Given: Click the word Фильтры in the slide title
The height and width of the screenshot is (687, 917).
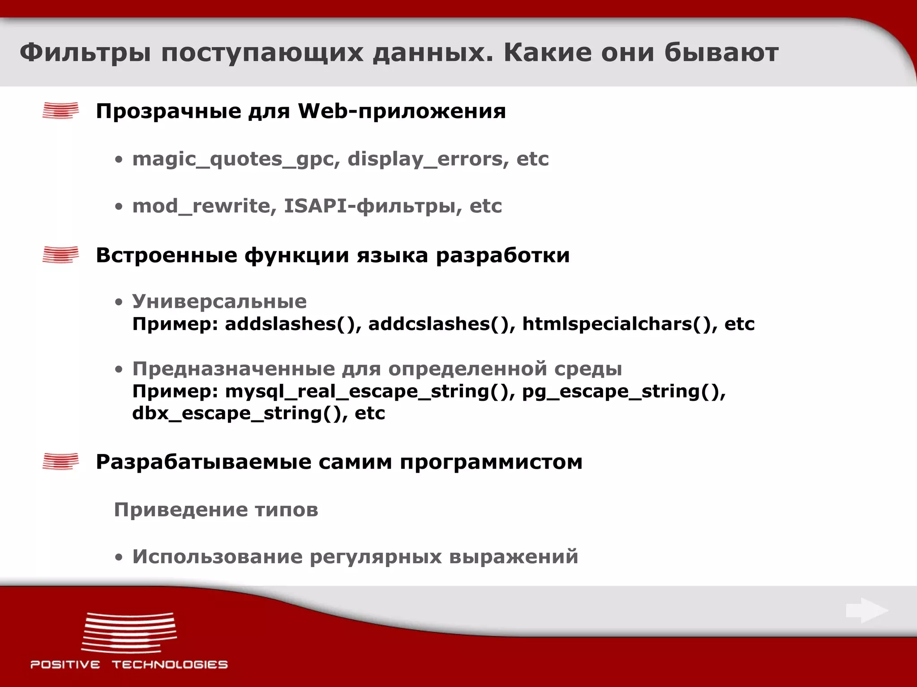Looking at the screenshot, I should (x=85, y=53).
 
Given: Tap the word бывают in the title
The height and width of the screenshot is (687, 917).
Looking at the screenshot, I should (x=721, y=53).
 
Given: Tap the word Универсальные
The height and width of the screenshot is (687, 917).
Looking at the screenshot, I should (x=219, y=301).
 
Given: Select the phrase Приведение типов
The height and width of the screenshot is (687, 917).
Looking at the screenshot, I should (x=216, y=510).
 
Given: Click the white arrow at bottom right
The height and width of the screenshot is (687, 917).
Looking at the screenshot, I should (x=866, y=611).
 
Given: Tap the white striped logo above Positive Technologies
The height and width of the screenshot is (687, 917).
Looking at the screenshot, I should (x=129, y=632).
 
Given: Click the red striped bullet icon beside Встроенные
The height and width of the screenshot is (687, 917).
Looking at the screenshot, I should (x=60, y=255).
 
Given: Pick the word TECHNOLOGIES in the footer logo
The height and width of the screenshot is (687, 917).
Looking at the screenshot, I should (x=170, y=665).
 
